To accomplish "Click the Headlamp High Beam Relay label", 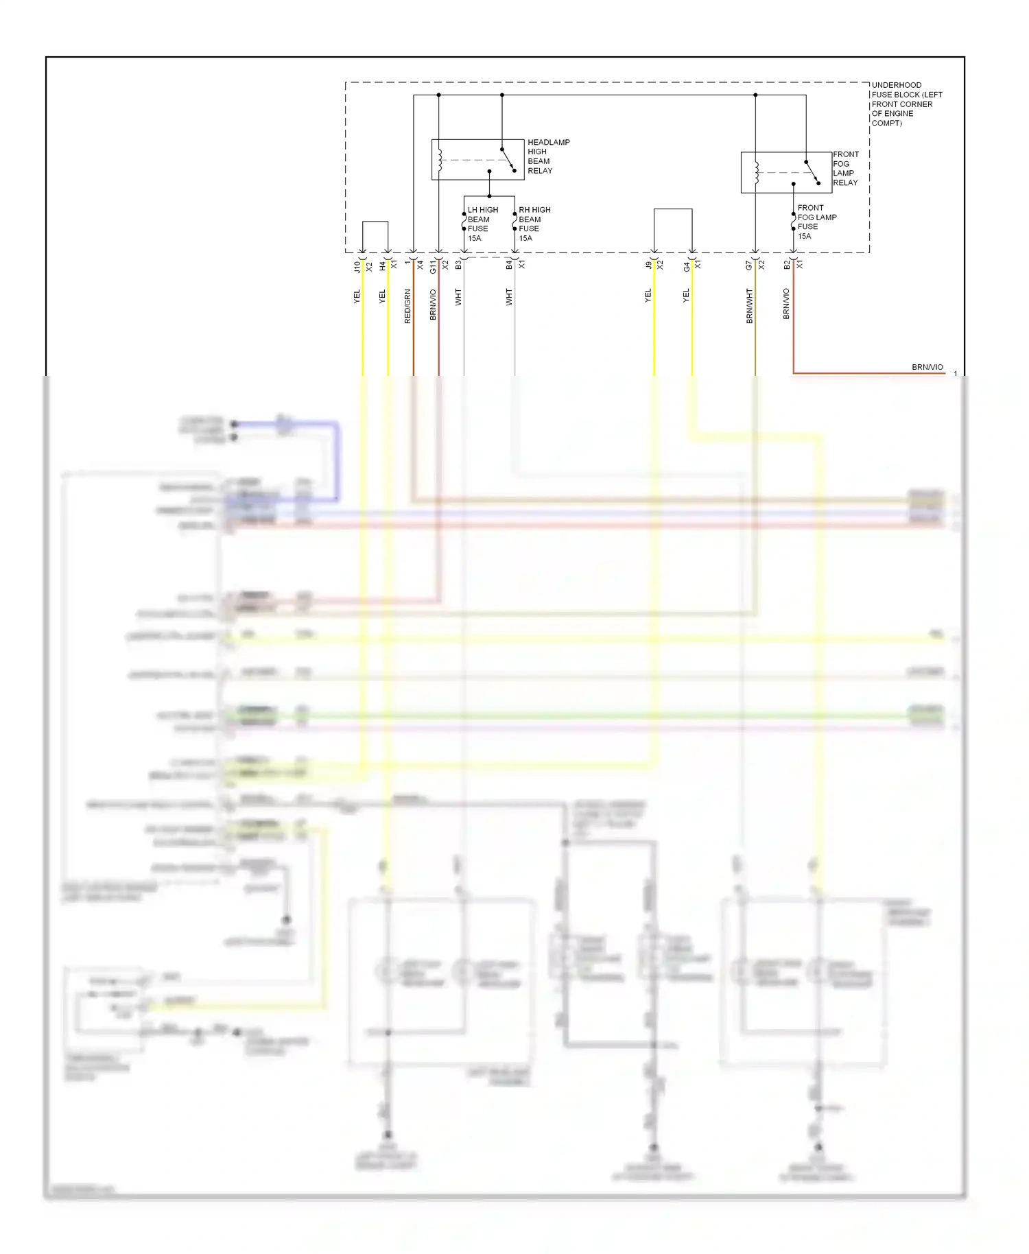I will (x=548, y=156).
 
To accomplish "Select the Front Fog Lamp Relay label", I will (x=845, y=169).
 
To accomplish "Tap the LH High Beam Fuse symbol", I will (x=464, y=222).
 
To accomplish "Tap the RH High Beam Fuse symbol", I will (x=514, y=222).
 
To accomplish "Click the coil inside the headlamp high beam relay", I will (x=440, y=160).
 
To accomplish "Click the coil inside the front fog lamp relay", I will (x=756, y=173).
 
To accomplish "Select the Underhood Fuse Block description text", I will (x=906, y=104).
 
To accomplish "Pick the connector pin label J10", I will (x=357, y=266).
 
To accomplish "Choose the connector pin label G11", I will (x=433, y=267).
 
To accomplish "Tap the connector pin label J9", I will (x=648, y=265).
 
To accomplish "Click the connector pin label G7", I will (x=749, y=265).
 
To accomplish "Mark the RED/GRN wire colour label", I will (x=407, y=306).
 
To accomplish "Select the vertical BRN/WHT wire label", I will (x=749, y=306).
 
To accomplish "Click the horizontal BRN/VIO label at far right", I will (x=927, y=367).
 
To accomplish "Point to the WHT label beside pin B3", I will (x=458, y=297).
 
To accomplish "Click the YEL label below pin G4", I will (x=686, y=296).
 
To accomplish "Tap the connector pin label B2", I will (x=787, y=265).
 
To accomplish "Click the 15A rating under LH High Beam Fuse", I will (x=475, y=239).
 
